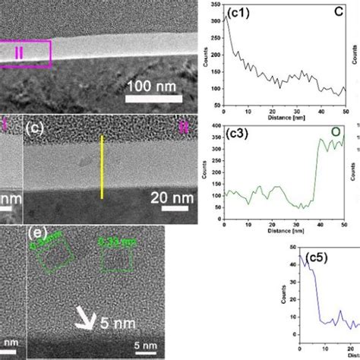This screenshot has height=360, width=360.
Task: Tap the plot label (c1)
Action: coord(241,12)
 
